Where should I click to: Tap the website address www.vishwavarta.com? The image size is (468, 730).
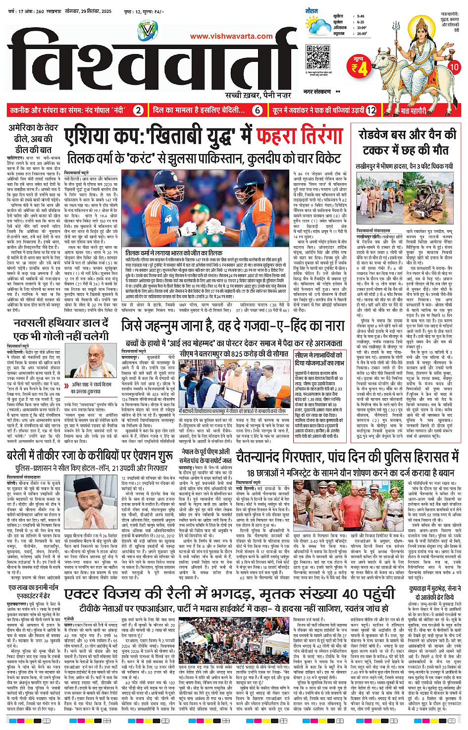coord(231,36)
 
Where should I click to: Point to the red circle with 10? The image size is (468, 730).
coord(453,66)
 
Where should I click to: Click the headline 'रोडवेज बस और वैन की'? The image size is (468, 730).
coord(407,135)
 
